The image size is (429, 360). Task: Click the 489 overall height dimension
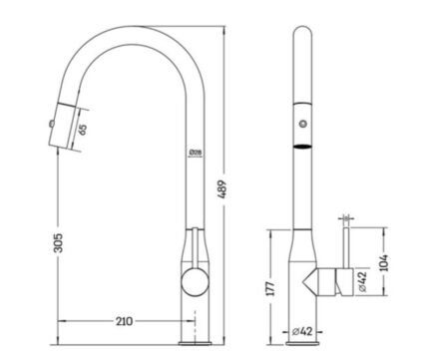point(222,189)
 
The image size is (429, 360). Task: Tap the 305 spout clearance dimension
point(58,242)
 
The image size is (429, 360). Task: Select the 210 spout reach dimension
point(124,321)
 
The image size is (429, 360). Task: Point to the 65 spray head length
point(83,129)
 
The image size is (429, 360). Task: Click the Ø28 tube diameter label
point(196,153)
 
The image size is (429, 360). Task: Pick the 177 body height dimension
point(271,288)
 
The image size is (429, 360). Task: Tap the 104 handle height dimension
point(384,262)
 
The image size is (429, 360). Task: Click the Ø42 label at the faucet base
point(302,331)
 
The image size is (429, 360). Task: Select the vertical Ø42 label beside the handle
point(362,281)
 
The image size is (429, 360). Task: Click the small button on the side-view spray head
point(52,124)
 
